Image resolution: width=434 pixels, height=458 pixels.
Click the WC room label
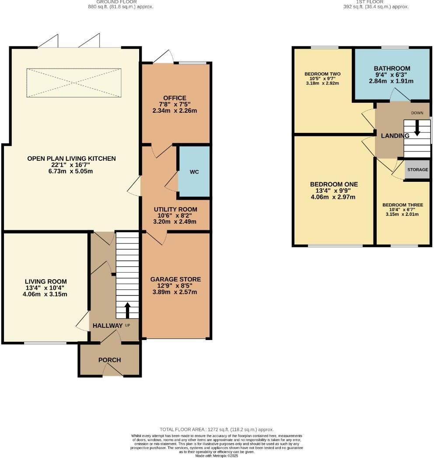(194, 172)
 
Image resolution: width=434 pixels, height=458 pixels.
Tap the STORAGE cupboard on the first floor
(417, 170)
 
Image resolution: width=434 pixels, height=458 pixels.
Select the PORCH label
(109, 360)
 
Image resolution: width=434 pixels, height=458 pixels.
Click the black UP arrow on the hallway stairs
(128, 310)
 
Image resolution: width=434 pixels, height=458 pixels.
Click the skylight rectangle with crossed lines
(73, 83)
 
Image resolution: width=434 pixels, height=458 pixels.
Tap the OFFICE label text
(175, 98)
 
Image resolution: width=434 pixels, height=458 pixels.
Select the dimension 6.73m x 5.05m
(71, 171)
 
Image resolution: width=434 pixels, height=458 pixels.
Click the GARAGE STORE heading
(175, 279)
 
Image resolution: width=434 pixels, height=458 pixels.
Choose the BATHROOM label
(392, 69)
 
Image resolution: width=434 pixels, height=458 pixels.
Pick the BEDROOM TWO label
(322, 74)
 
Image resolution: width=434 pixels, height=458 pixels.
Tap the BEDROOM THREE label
(402, 205)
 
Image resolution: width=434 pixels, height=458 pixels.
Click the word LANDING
(395, 136)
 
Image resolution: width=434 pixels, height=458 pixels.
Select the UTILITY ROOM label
(175, 209)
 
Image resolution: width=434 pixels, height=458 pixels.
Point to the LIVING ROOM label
(46, 281)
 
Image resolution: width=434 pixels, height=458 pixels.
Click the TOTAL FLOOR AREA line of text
(217, 430)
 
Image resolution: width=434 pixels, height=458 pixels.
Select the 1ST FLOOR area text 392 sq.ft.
(376, 7)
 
